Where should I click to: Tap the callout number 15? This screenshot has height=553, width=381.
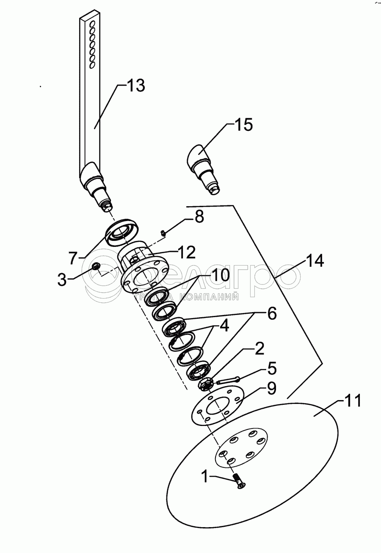pyautogui.click(x=243, y=124)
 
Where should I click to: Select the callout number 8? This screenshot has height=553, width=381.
pyautogui.click(x=199, y=217)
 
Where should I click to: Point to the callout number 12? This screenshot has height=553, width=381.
pyautogui.click(x=187, y=252)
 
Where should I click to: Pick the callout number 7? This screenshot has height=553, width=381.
pyautogui.click(x=73, y=258)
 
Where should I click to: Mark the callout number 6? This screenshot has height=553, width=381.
pyautogui.click(x=272, y=313)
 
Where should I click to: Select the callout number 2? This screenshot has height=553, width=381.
pyautogui.click(x=259, y=348)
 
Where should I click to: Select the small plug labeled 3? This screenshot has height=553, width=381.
pyautogui.click(x=96, y=266)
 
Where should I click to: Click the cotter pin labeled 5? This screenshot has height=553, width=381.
pyautogui.click(x=228, y=379)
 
